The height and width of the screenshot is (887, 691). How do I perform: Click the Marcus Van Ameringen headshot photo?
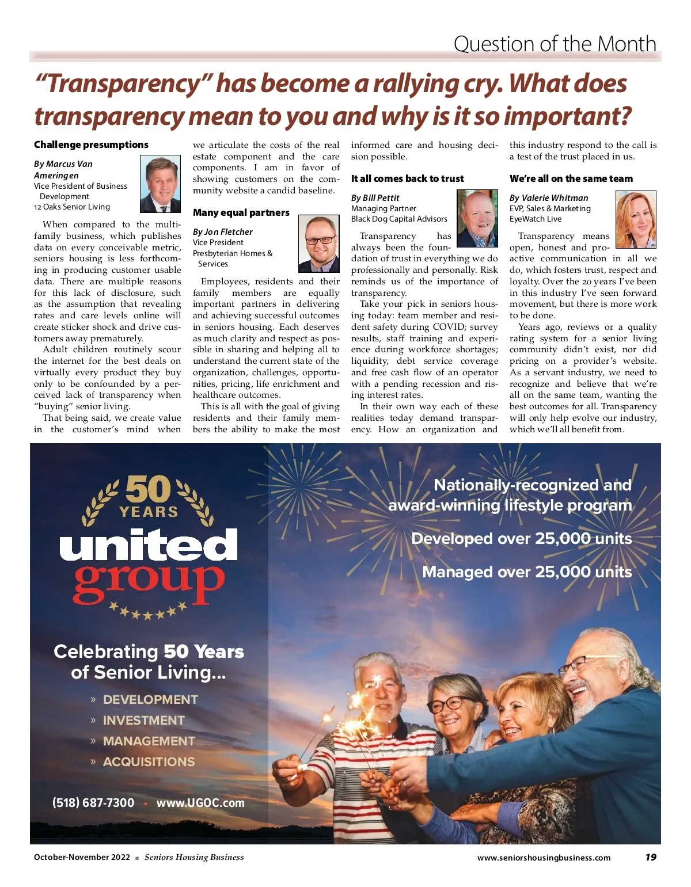(160, 184)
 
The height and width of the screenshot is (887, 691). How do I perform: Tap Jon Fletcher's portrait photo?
(318, 244)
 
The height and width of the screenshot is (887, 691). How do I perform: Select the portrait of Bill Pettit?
(477, 218)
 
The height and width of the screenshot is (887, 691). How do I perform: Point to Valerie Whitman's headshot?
(636, 219)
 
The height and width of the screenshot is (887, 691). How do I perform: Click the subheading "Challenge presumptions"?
(91, 144)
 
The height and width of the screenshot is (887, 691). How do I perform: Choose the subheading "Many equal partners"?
(241, 212)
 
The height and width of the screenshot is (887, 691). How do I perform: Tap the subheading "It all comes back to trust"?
(407, 178)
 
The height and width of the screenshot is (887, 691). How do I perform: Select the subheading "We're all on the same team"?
(571, 178)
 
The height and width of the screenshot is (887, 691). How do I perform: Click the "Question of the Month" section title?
(555, 44)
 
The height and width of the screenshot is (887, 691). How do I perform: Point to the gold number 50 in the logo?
(148, 489)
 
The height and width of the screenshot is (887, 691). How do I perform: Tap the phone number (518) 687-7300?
(93, 802)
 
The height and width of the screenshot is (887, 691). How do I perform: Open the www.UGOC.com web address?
(200, 802)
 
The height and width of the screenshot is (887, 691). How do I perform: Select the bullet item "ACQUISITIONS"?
(149, 762)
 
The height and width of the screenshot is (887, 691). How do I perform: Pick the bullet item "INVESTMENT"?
(143, 720)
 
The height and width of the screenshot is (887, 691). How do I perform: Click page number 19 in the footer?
(651, 857)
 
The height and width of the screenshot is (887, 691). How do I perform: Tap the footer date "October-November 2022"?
(82, 857)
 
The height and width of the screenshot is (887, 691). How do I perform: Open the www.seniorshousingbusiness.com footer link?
(544, 858)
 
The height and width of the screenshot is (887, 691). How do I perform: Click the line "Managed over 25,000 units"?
(527, 572)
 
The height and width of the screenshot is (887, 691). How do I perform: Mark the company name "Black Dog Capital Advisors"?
(399, 219)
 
